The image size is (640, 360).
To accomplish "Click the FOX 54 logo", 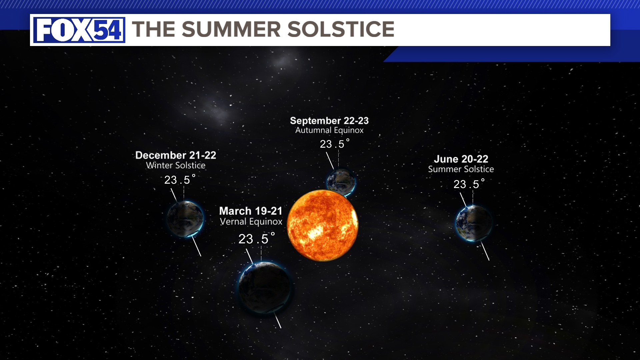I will coord(79,30).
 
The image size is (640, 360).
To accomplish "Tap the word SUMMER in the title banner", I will coord(231,29).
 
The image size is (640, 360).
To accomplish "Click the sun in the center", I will coord(322,225).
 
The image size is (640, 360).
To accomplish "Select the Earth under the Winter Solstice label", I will coord(185,219).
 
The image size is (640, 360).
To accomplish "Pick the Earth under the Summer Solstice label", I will coord(474,223).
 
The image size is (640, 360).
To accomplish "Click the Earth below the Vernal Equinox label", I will coord(265,287).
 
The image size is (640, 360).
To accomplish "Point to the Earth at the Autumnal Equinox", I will coord(341,181).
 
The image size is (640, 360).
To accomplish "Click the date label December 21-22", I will coord(176,155).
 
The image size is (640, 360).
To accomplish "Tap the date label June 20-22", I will coord(461,159).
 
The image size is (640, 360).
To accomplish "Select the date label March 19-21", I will coord(251,211).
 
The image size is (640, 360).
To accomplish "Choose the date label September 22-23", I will coord(329,121).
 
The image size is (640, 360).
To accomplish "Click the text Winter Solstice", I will coord(176,165).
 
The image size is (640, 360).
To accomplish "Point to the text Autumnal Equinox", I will coord(329,130).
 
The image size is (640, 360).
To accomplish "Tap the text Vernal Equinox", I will coord(251,222).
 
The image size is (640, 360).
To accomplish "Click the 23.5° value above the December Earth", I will coord(180,180).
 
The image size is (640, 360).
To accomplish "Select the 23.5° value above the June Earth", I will coord(469,184).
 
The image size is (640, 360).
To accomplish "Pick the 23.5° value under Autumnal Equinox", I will coord(334,144).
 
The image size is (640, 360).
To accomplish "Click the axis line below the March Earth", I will coord(278,321).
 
